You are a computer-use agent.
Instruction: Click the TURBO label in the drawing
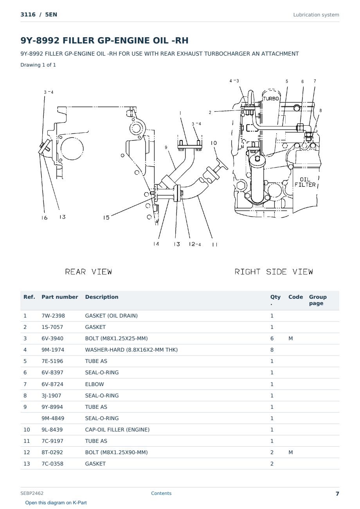coord(271,99)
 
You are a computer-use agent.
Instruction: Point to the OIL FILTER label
coord(305,182)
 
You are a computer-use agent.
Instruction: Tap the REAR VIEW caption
coord(88,272)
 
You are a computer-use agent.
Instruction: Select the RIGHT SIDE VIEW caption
coord(274,272)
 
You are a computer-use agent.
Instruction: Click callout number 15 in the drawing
coord(106,218)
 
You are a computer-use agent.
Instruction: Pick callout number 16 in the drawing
coord(45,218)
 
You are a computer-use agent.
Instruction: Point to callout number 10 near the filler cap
coord(214,143)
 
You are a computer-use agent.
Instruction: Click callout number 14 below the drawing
coord(156,244)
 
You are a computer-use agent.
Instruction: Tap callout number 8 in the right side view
coord(320,110)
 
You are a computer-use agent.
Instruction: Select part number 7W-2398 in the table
coord(53,316)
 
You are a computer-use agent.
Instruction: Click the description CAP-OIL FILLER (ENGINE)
coord(117,430)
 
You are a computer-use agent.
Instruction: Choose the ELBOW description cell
coord(94,384)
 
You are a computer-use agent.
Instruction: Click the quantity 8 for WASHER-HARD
coord(272,350)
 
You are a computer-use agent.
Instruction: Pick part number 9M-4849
coord(53,418)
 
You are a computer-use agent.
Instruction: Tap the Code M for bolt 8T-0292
coord(290,452)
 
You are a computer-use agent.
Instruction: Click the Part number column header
coord(60,297)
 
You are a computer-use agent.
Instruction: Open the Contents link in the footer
coord(161,493)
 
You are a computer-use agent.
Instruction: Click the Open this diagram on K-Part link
coord(56,503)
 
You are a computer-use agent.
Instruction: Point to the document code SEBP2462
coord(32,493)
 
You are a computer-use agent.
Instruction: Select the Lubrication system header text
coord(316,15)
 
